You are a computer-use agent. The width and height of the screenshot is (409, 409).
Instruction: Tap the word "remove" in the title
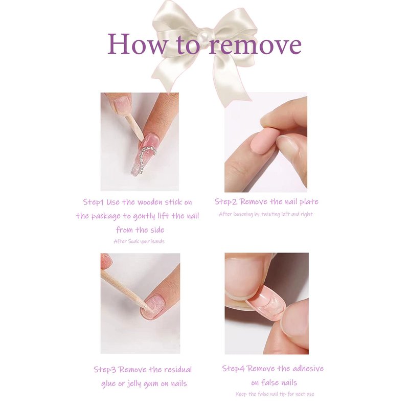click(x=255, y=45)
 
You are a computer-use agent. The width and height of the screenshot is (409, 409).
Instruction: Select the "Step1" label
click(x=94, y=202)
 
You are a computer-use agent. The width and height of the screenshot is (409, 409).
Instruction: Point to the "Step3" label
click(x=105, y=370)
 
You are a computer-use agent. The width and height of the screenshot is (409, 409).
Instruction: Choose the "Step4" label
click(x=234, y=369)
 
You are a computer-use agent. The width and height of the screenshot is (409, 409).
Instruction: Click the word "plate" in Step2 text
click(x=309, y=201)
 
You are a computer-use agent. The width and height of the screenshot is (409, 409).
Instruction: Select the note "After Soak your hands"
click(x=139, y=241)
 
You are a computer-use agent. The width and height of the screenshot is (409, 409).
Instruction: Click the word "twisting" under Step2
click(x=271, y=214)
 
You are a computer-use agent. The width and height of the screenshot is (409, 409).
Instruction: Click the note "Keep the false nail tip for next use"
click(x=275, y=394)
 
